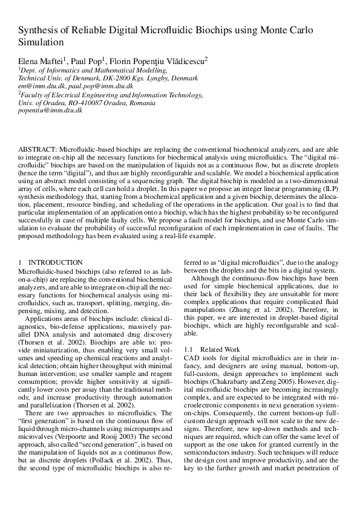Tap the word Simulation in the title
(x=41, y=44)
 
